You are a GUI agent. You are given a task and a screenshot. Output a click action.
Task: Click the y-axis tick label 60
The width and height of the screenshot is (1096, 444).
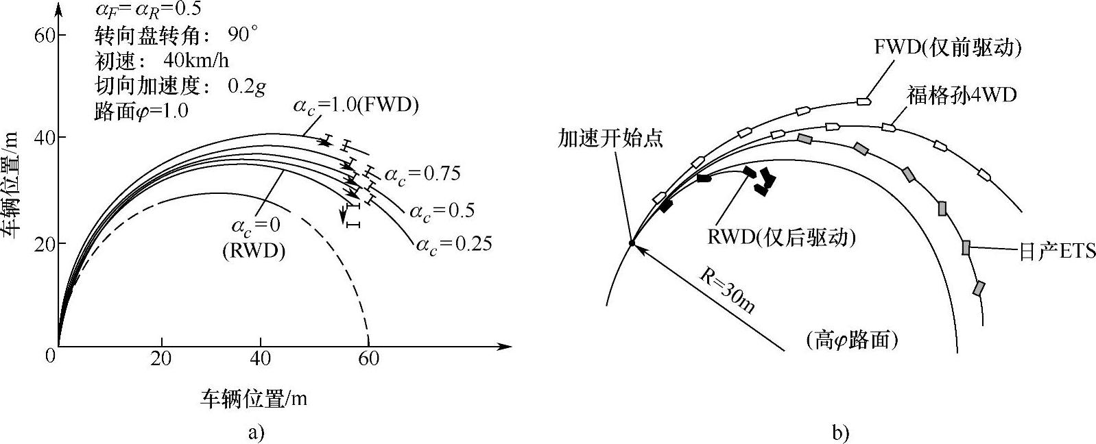(44, 35)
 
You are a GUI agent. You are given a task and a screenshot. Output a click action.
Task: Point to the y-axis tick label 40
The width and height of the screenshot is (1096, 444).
(44, 138)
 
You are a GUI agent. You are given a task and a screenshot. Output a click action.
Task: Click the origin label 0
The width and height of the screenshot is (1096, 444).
(49, 356)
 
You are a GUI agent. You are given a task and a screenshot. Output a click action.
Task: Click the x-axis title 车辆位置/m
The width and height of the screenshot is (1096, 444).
(253, 399)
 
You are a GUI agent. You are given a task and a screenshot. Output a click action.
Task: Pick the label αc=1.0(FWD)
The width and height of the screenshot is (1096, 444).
(356, 106)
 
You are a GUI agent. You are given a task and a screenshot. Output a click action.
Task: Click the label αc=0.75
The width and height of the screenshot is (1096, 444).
(422, 174)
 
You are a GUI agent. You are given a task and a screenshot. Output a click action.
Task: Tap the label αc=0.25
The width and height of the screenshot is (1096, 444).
(454, 243)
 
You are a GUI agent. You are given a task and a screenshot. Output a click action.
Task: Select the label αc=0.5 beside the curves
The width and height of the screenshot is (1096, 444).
(442, 210)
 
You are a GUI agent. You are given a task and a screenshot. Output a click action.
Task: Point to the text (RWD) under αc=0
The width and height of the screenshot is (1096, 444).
(253, 251)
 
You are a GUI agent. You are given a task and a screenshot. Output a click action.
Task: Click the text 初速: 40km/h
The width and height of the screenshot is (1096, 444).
(162, 61)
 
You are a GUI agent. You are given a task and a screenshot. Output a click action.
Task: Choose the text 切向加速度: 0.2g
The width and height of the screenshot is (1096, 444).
(180, 86)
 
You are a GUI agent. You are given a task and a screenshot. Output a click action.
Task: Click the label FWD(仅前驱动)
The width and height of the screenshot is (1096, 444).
(948, 47)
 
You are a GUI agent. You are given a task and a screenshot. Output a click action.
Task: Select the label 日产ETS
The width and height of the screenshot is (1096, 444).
(1056, 251)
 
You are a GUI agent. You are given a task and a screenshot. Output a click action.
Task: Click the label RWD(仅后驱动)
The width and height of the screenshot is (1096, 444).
(782, 237)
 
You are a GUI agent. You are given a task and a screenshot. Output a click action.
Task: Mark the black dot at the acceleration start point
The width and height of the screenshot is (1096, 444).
(632, 243)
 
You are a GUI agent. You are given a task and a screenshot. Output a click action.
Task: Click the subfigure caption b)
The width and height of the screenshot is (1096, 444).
(840, 433)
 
